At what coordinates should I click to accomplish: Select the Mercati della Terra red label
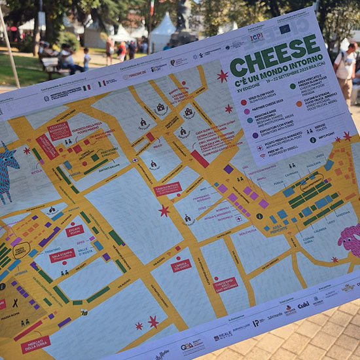tap(35, 344)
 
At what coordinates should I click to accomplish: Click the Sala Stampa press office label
tap(62, 255)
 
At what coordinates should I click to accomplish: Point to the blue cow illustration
tap(7, 173)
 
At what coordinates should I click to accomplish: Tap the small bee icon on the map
tap(84, 313)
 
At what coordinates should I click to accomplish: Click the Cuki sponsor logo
tap(304, 305)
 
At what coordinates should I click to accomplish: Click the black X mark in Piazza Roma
tap(15, 303)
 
